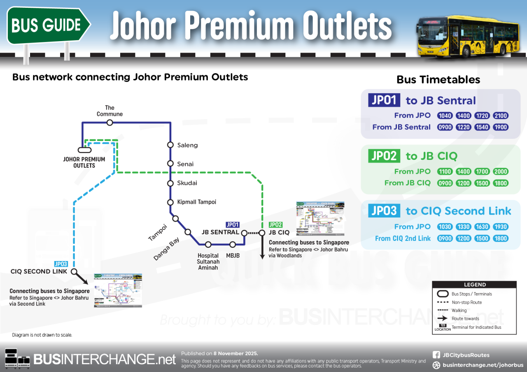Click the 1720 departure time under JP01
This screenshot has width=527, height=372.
tap(482, 116)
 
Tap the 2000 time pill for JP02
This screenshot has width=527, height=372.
tap(501, 171)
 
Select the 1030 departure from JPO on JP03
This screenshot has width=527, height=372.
tap(445, 226)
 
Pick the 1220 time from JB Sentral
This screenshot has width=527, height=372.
tap(464, 127)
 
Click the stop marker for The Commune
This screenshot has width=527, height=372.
tap(110, 122)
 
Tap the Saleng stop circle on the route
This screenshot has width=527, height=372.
tap(170, 145)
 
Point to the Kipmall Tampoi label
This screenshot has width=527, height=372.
tap(196, 202)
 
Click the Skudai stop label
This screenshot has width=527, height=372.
tap(187, 183)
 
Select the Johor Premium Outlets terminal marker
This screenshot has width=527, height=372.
tap(84, 150)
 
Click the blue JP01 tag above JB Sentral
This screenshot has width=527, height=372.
tap(233, 225)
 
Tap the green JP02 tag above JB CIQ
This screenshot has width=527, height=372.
tap(275, 225)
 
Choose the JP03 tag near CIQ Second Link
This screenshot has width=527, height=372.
tap(61, 264)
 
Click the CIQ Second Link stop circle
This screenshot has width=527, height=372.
tap(74, 271)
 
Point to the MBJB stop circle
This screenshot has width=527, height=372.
tap(233, 245)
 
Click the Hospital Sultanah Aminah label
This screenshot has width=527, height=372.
tap(208, 261)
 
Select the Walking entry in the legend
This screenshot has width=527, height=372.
tap(459, 310)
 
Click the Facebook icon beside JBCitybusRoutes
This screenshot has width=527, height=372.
tap(436, 355)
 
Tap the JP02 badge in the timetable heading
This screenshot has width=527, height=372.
tap(384, 156)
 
